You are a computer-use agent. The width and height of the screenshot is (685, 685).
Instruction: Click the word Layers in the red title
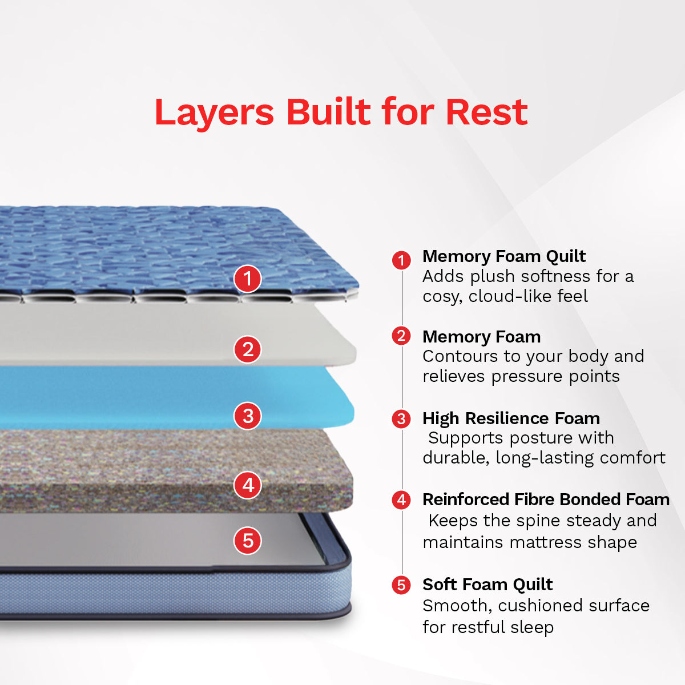click(215, 112)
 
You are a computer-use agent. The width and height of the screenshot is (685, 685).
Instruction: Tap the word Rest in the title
click(487, 112)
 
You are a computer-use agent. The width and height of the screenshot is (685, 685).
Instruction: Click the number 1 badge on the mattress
click(248, 279)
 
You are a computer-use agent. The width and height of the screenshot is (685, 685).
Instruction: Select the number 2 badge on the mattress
click(248, 349)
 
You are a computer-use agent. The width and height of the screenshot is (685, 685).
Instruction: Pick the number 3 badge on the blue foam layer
click(248, 416)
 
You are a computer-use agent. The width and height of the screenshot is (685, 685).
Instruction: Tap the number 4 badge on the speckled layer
click(248, 485)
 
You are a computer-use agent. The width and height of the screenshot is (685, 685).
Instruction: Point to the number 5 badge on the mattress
click(248, 541)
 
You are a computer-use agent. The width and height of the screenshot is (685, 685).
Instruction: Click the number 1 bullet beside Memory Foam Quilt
click(401, 260)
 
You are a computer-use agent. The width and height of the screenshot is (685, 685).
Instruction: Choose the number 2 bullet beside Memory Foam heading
click(401, 336)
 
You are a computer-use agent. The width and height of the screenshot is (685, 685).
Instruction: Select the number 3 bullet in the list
click(401, 418)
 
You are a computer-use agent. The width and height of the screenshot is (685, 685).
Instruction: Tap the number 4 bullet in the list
click(401, 500)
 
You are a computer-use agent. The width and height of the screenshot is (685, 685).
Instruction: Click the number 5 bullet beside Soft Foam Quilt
click(401, 585)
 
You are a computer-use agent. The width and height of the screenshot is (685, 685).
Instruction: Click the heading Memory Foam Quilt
click(504, 257)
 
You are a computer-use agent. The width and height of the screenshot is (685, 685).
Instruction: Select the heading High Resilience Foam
click(511, 418)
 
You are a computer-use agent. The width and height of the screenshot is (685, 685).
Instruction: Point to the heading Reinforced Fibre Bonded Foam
click(546, 499)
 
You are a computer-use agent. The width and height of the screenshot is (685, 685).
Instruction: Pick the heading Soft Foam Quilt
click(487, 585)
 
